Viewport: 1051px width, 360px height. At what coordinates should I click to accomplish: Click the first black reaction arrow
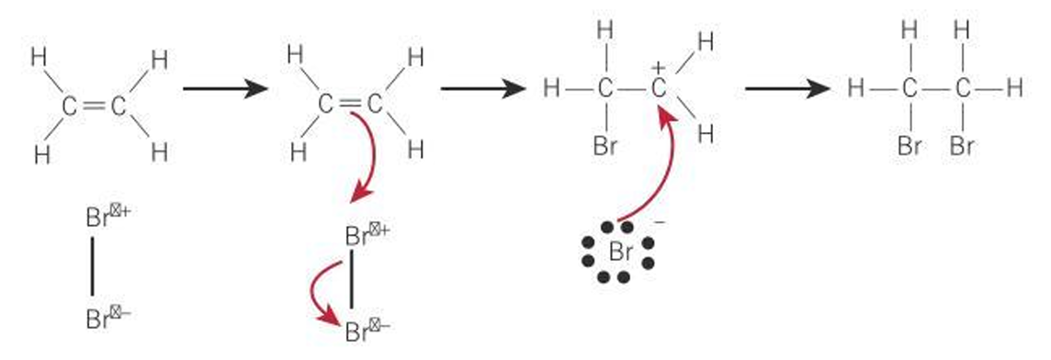(224, 89)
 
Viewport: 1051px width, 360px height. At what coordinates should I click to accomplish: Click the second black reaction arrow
(481, 89)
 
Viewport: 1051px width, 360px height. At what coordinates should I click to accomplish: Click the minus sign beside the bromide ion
(660, 223)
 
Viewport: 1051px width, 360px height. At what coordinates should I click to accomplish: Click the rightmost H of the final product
(1014, 89)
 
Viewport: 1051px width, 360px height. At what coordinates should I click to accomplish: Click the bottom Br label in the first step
(97, 319)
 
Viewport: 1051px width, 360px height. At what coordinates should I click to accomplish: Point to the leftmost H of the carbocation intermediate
(551, 89)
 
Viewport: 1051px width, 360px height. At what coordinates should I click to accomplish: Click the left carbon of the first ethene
(70, 107)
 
